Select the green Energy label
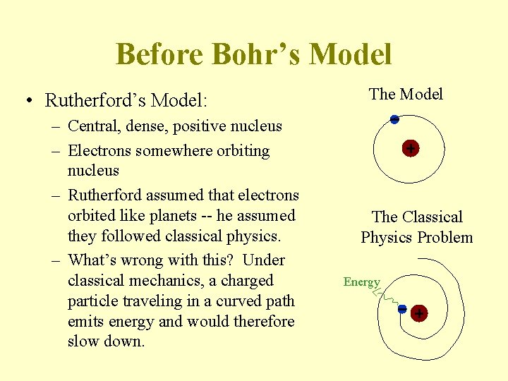pos(361,282)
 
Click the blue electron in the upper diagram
pos(394,119)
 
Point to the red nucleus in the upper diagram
pos(410,148)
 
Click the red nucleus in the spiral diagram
pos(419,313)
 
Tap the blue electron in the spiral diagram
pos(401,308)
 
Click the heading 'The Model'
pos(406,94)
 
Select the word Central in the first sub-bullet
pos(92,126)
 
